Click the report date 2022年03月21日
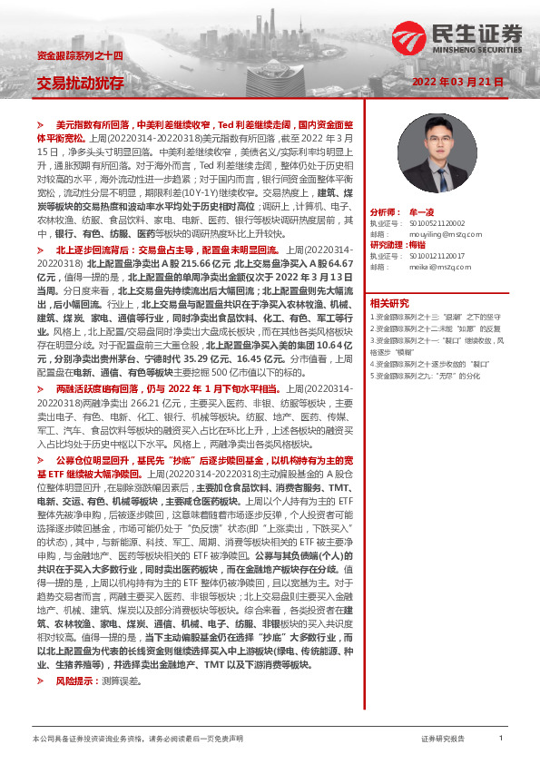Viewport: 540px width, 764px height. pos(458,82)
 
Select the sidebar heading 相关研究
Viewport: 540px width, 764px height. pos(389,303)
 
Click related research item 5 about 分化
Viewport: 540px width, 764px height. pos(426,375)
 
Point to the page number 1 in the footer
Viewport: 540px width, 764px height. pos(501,740)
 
